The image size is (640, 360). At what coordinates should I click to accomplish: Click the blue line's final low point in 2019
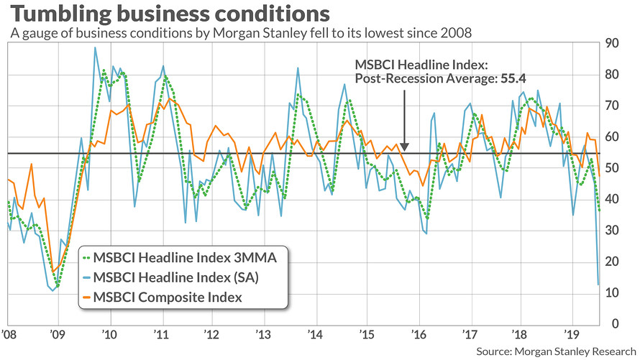coord(599,285)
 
